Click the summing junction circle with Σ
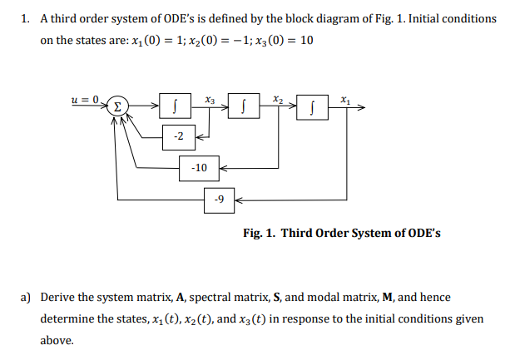[x=119, y=106]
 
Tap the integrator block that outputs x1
[x=312, y=106]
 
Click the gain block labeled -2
[x=180, y=136]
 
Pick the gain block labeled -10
[x=199, y=167]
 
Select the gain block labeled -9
[x=219, y=200]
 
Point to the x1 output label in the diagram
[x=344, y=99]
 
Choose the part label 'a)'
[x=26, y=297]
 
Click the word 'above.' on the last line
[x=57, y=340]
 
